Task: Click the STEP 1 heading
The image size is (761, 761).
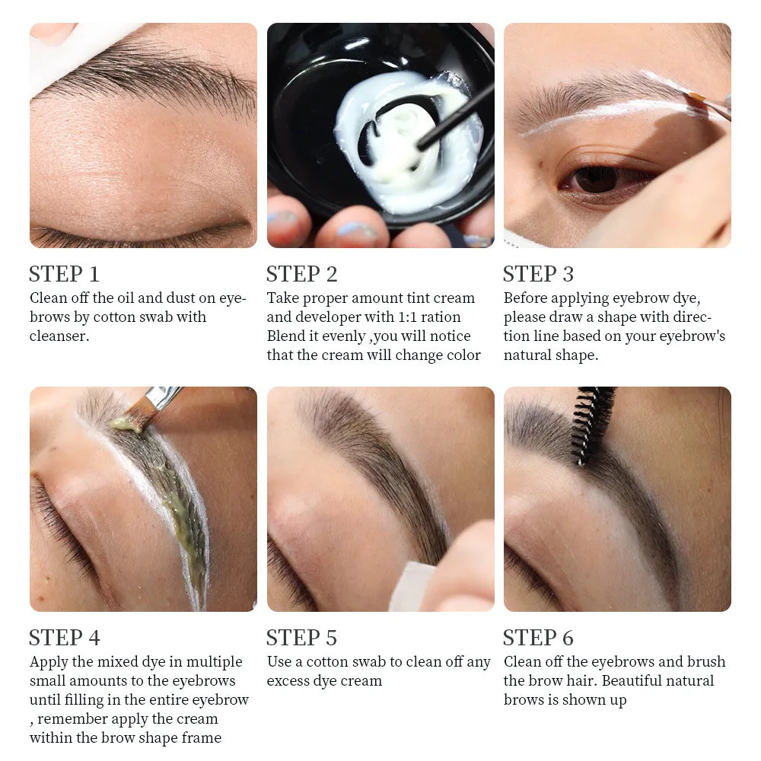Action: point(64,274)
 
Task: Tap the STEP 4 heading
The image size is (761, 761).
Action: point(64,638)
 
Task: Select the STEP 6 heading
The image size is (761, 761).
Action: point(538,638)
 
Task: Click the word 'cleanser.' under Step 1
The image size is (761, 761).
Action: point(59,336)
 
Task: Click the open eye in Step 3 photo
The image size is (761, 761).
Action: point(597,179)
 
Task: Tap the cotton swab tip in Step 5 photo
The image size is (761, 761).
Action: point(415,586)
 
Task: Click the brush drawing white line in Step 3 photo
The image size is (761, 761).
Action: point(704,103)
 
